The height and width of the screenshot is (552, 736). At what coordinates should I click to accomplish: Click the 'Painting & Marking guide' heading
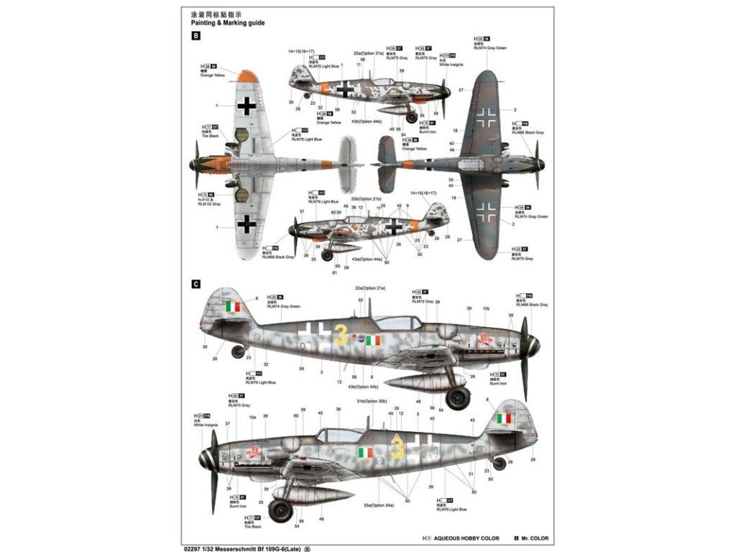(222, 23)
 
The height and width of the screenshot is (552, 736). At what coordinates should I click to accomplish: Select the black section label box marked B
(195, 35)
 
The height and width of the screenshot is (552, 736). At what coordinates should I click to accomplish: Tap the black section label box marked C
(195, 284)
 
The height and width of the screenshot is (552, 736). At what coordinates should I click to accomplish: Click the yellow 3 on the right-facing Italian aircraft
(341, 335)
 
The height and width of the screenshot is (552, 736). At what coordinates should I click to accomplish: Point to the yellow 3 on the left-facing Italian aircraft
(397, 449)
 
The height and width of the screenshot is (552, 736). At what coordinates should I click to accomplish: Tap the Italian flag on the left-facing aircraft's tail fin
(504, 418)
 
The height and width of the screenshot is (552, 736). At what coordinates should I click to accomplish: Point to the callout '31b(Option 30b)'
(372, 401)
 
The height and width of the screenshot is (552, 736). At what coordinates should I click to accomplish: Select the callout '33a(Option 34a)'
(378, 506)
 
